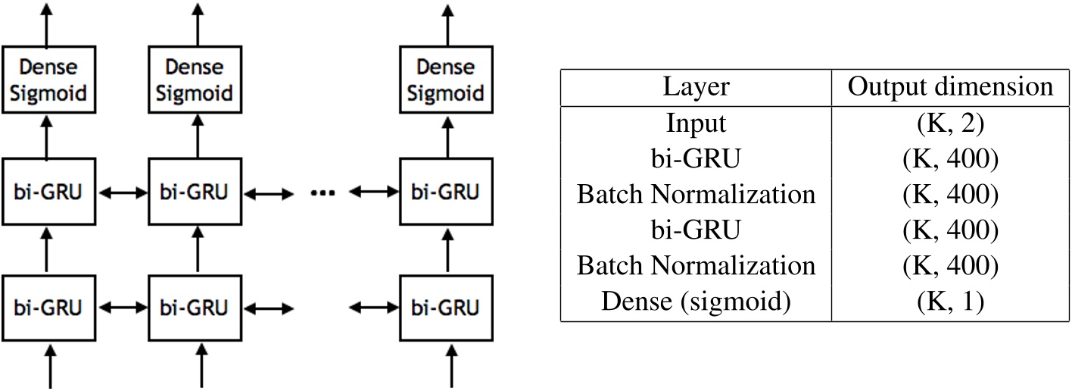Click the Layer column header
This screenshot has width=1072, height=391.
coord(696,87)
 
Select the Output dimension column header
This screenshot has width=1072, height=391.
coord(950,87)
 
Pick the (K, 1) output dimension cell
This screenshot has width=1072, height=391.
coord(950,302)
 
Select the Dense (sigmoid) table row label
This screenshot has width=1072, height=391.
coord(696,302)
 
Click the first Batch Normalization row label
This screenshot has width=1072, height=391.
coord(696,194)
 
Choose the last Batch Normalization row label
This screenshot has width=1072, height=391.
coord(696,266)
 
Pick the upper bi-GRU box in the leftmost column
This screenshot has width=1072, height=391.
coord(47,192)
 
